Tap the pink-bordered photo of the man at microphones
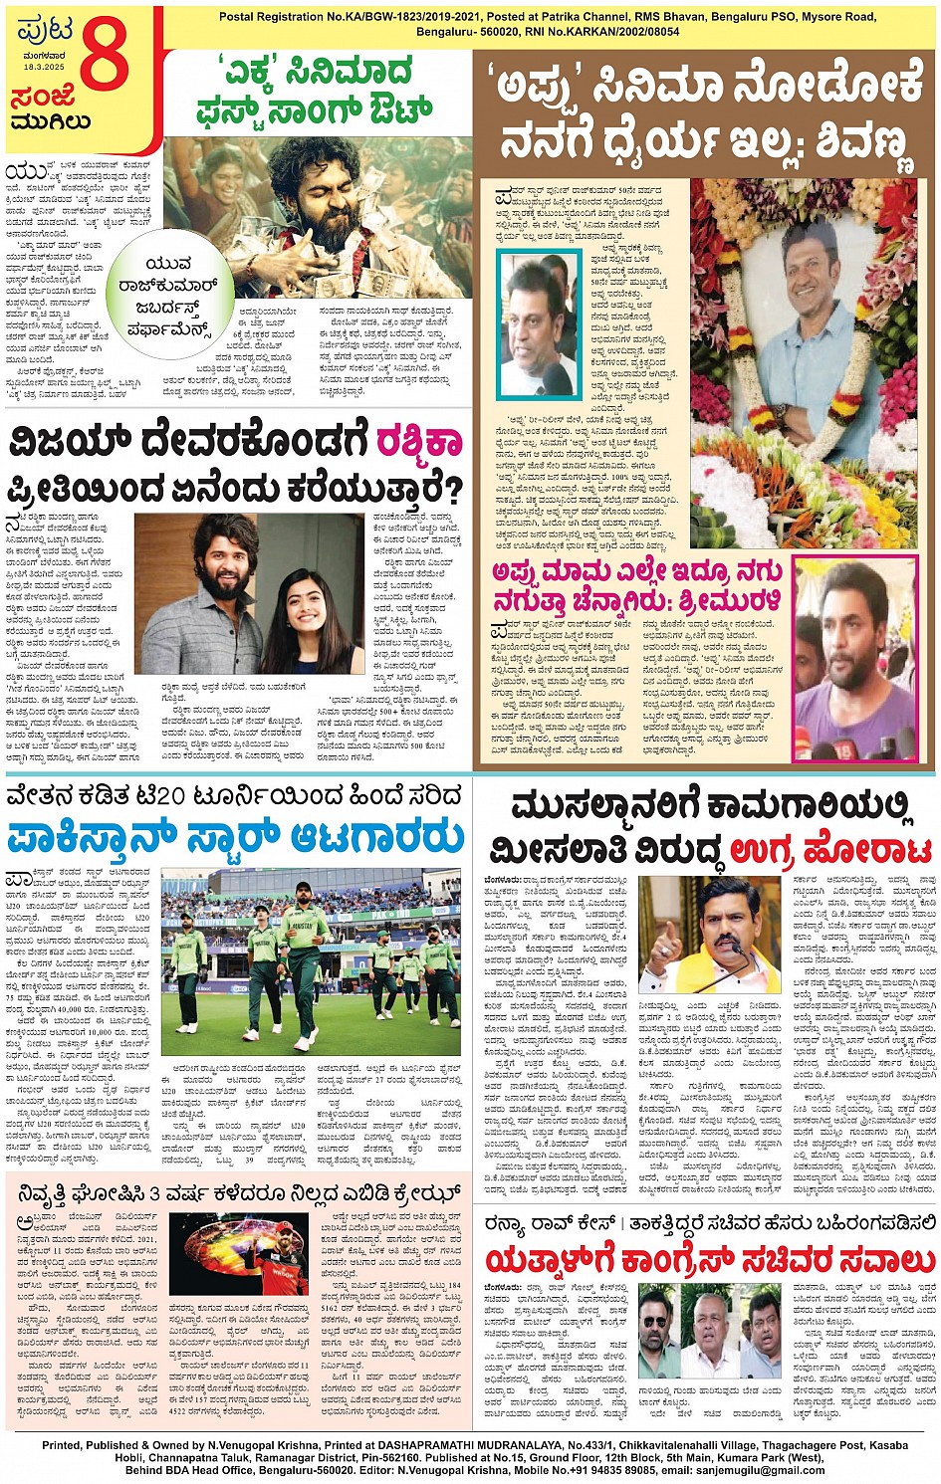[854, 659]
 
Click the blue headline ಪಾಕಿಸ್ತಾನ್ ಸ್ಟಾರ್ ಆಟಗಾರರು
[235, 839]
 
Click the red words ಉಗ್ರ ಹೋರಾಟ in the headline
[830, 851]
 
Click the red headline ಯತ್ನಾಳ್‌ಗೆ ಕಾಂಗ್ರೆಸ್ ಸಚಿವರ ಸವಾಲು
[708, 1260]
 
